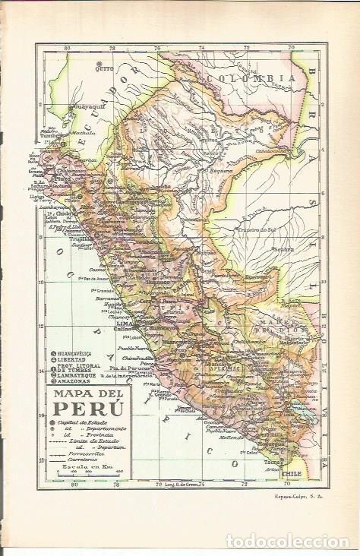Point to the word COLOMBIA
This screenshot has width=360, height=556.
coord(250,78)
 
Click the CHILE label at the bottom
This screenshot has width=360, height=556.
coord(289,472)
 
